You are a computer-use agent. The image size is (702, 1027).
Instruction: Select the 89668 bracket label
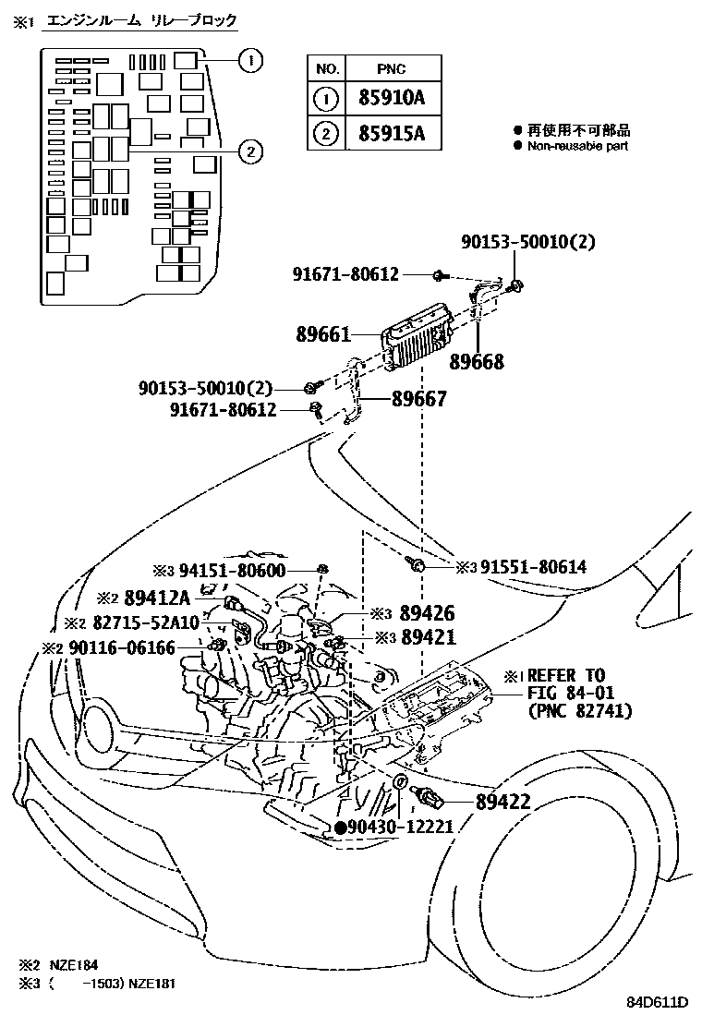[x=477, y=362]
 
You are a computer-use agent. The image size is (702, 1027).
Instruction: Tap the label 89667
[x=418, y=399]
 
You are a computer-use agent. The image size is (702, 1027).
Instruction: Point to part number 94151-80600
[x=232, y=570]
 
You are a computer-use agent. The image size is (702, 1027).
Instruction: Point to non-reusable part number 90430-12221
[x=401, y=827]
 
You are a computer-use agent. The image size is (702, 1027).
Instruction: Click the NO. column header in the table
[x=326, y=67]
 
